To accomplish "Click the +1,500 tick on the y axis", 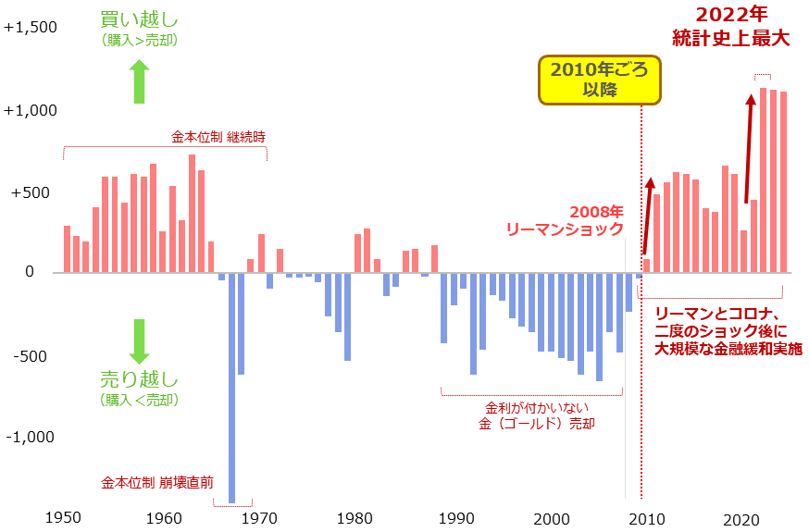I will point(31,28).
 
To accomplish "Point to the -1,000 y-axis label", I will point(31,437).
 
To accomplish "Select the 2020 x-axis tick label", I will point(741,518).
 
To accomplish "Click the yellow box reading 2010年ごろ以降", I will point(600,80).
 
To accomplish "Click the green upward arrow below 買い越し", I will point(139,81).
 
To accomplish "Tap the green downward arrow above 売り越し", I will point(139,341).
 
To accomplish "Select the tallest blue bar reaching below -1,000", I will point(231,389).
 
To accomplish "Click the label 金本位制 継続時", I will point(218,136).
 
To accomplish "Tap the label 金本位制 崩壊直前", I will point(157,482).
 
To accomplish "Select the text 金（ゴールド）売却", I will point(537,424).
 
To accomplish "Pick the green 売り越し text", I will point(139,379).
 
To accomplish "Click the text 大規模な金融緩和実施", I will point(728,350).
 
